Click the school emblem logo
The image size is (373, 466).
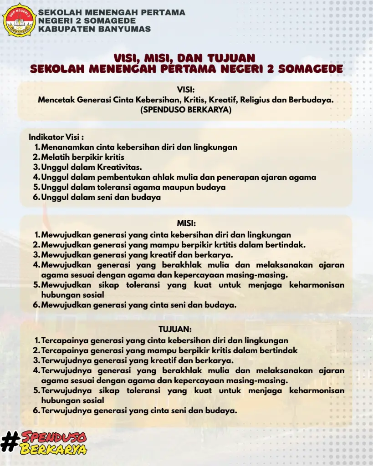tap(19, 19)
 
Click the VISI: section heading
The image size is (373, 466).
tap(186, 90)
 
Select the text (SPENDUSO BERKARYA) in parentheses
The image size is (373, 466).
tap(186, 110)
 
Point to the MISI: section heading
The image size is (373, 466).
tap(186, 223)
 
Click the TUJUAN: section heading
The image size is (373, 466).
tap(175, 329)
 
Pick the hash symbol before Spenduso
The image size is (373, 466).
tap(9, 442)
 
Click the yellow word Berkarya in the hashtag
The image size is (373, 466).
tap(54, 450)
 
